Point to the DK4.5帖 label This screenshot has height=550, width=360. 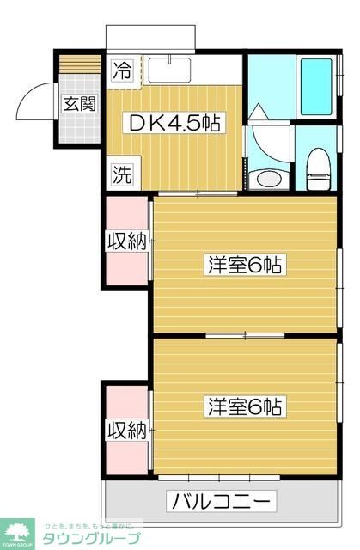coord(175,123)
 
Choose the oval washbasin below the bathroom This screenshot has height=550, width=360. coord(269,179)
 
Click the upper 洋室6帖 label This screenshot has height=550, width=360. coord(245,265)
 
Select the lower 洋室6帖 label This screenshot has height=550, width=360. coord(245,406)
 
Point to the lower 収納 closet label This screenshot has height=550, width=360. coord(125,428)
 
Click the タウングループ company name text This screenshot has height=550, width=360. coord(90,539)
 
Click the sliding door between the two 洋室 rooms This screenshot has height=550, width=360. coord(245,334)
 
